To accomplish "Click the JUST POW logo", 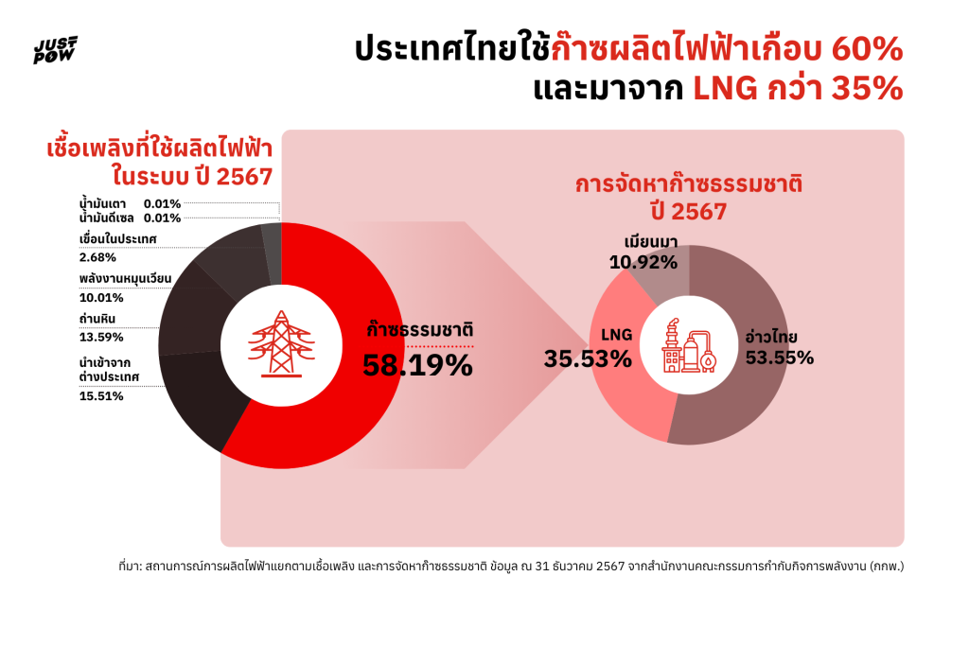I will click(56, 50).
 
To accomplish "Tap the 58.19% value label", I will click(417, 364).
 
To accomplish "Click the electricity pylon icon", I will click(281, 345).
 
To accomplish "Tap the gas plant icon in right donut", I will click(689, 345).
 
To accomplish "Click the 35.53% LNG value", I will click(587, 358).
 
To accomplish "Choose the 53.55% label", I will click(780, 358).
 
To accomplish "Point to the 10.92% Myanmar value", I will click(643, 261).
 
